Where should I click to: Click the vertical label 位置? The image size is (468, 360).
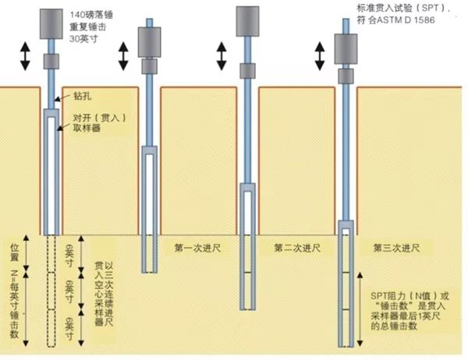pos(14,252)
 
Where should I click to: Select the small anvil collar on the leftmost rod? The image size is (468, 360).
pos(51,61)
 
